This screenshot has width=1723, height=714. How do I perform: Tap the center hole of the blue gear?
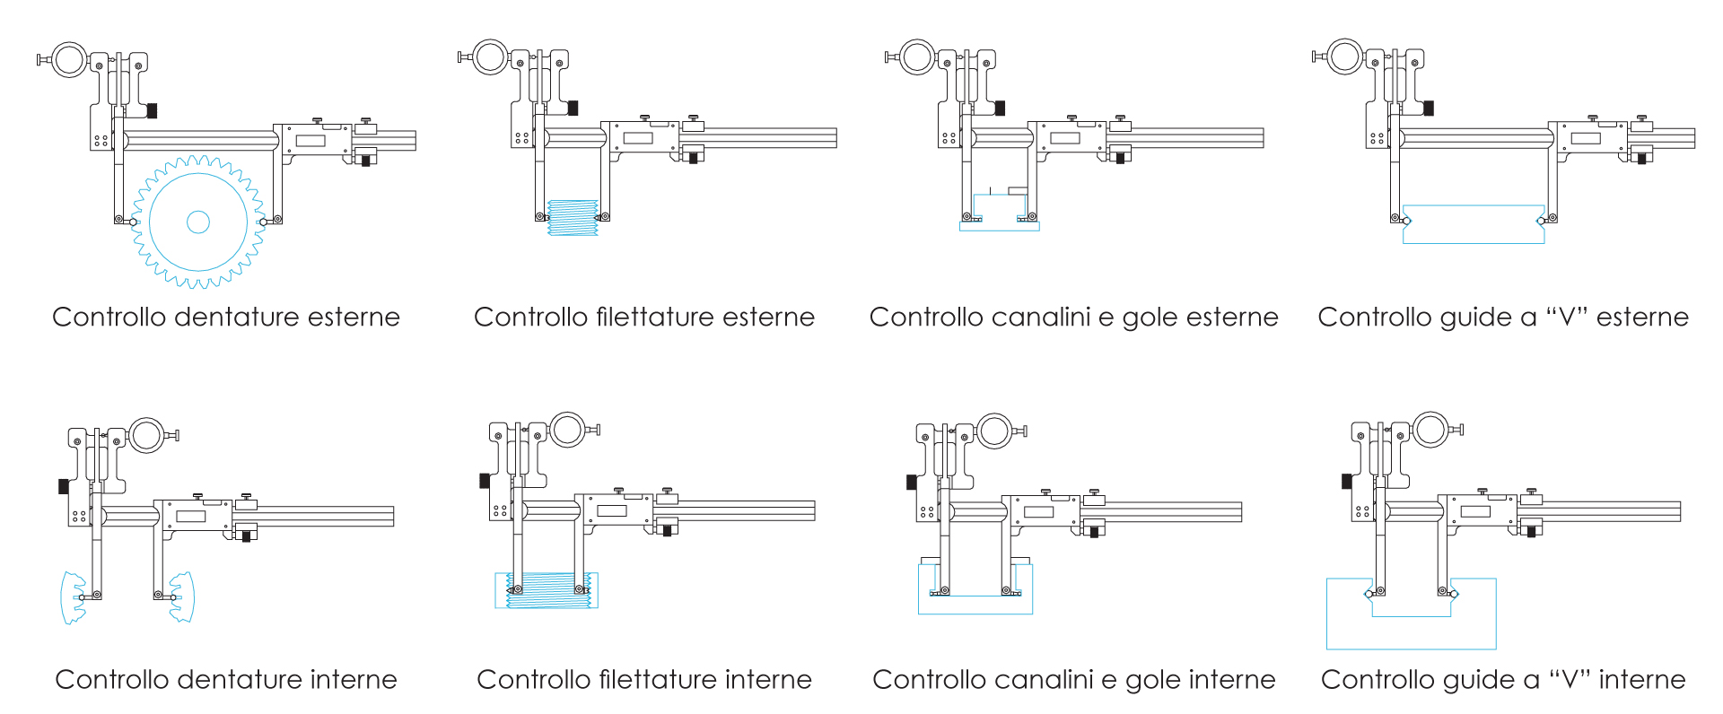[198, 222]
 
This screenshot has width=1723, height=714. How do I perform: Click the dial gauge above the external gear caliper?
[69, 60]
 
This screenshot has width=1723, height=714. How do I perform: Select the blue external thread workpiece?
[573, 218]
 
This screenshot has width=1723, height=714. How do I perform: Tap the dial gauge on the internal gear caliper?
[145, 435]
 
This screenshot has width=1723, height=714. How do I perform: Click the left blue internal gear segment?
[72, 597]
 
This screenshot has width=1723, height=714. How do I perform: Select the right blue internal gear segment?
[183, 597]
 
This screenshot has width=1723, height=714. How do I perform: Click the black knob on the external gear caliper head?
[152, 110]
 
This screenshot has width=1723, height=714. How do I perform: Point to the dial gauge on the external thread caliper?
[491, 57]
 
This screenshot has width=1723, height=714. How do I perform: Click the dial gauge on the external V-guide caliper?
[1345, 57]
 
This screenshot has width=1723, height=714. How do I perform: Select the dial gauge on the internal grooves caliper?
[994, 431]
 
